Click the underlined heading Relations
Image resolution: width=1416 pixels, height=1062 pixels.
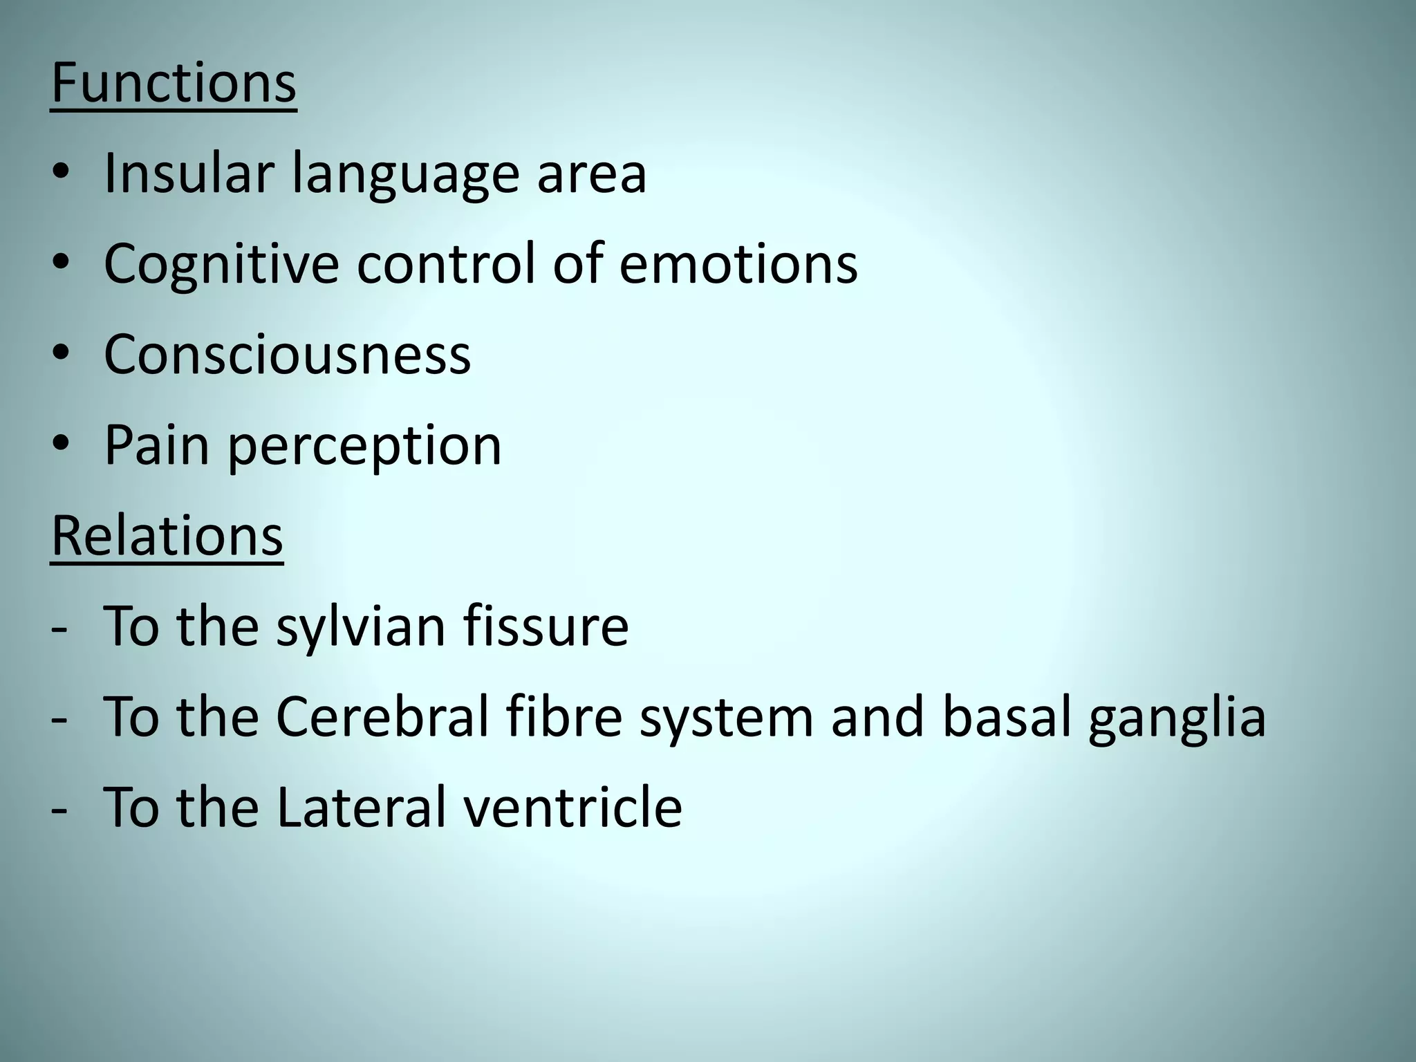(167, 537)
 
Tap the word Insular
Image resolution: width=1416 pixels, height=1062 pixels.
(189, 173)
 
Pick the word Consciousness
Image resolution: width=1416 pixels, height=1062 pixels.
(287, 354)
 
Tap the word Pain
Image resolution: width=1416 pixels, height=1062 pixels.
(156, 445)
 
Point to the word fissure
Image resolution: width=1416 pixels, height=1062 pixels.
(546, 626)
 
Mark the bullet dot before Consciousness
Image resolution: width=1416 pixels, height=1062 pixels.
(60, 354)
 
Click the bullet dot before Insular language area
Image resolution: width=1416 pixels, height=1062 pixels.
(60, 173)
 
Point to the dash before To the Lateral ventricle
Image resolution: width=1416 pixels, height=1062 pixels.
(59, 808)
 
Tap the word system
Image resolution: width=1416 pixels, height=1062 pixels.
(726, 719)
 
